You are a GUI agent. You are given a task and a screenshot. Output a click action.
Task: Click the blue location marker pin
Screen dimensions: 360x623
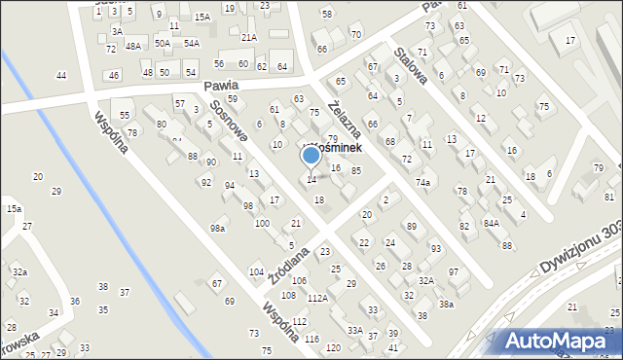pyautogui.click(x=311, y=156)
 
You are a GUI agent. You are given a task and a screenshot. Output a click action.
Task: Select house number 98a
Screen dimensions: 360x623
pyautogui.click(x=217, y=228)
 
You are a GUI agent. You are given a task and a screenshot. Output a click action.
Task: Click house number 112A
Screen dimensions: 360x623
pyautogui.click(x=290, y=299)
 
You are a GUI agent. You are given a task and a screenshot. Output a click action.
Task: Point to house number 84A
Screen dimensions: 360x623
pyautogui.click(x=492, y=223)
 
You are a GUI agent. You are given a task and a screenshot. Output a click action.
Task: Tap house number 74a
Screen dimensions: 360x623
pyautogui.click(x=422, y=182)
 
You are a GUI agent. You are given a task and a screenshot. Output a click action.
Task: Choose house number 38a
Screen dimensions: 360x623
pyautogui.click(x=446, y=304)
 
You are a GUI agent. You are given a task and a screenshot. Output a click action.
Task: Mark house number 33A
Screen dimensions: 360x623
pyautogui.click(x=355, y=330)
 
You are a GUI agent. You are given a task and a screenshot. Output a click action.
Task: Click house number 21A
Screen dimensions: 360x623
pyautogui.click(x=249, y=37)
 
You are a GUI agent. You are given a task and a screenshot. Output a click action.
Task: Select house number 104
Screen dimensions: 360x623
pyautogui.click(x=256, y=271)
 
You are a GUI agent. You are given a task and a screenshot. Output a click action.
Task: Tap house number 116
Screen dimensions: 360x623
pyautogui.click(x=311, y=338)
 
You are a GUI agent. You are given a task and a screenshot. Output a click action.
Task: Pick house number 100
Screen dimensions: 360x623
pyautogui.click(x=262, y=223)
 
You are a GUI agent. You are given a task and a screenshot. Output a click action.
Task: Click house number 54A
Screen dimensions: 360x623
pyautogui.click(x=192, y=43)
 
